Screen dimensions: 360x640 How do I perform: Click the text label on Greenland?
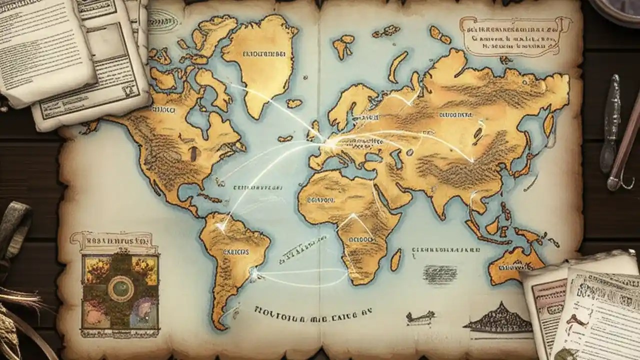pyautogui.click(x=263, y=53)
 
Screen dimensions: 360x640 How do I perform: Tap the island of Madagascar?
pyautogui.click(x=395, y=260)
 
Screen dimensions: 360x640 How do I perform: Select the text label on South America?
pyautogui.click(x=235, y=252)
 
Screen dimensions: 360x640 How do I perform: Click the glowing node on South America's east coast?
pyautogui.click(x=254, y=273)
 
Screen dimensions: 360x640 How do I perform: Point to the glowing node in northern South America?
pyautogui.click(x=220, y=227)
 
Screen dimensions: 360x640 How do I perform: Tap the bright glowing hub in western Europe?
pyautogui.click(x=330, y=143)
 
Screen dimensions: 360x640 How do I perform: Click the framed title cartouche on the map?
pyautogui.click(x=515, y=35)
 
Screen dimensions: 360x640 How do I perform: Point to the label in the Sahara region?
pyautogui.click(x=316, y=199)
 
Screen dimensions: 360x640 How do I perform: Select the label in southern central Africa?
pyautogui.click(x=362, y=239)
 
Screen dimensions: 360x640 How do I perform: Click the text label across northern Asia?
pyautogui.click(x=455, y=114)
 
